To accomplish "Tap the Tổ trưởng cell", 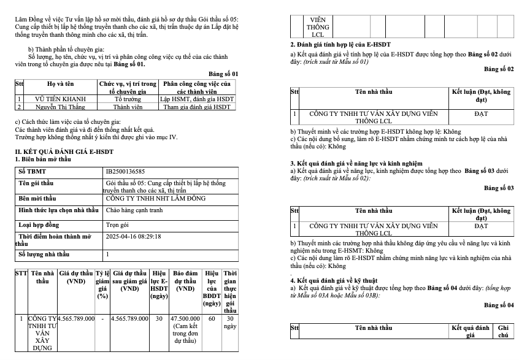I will pyautogui.click(x=127, y=99).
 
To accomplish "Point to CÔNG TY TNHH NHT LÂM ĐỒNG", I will pyautogui.click(x=150, y=199).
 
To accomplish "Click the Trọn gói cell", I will pyautogui.click(x=118, y=224).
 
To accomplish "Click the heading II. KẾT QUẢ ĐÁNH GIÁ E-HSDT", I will pyautogui.click(x=64, y=151).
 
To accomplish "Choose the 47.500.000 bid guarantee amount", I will pyautogui.click(x=185, y=319).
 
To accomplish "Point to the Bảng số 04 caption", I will pyautogui.click(x=499, y=305).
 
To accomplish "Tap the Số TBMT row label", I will pyautogui.click(x=31, y=171).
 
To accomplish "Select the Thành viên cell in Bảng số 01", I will pyautogui.click(x=127, y=107).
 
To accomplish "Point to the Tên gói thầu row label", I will pyautogui.click(x=37, y=183).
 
